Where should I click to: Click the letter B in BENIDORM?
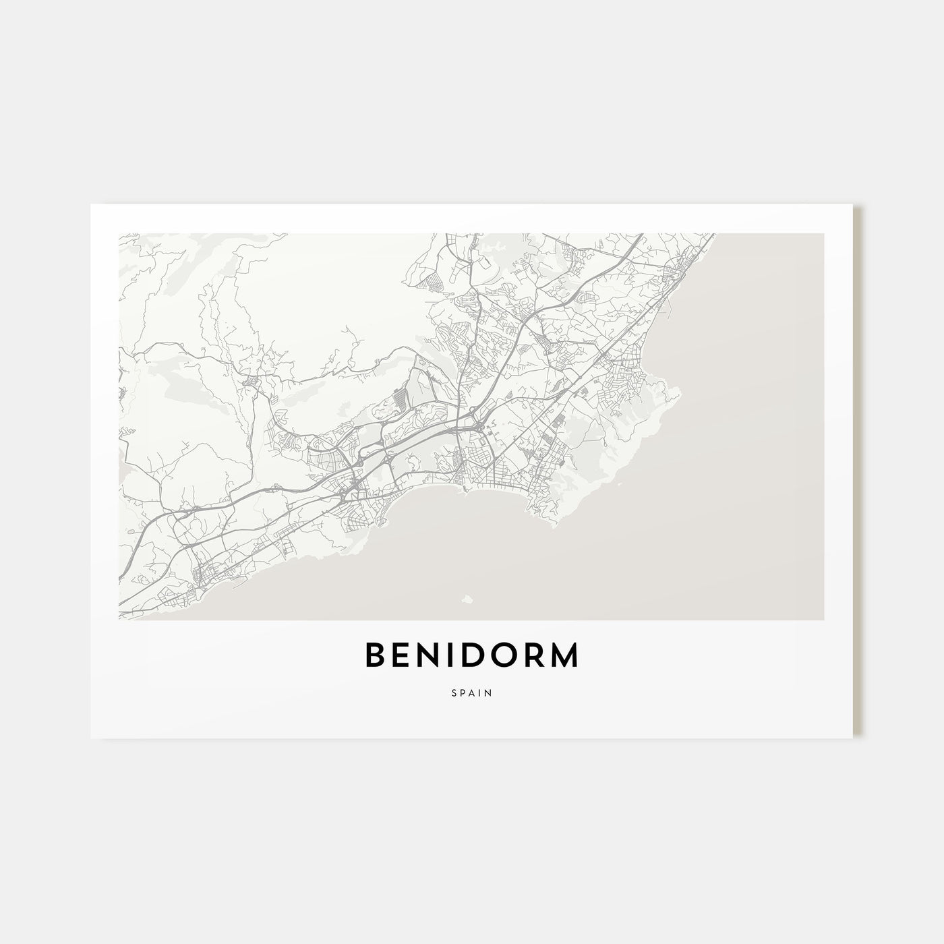[x=376, y=656]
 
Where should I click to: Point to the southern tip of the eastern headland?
[x=553, y=527]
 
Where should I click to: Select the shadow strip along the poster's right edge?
[x=858, y=472]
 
